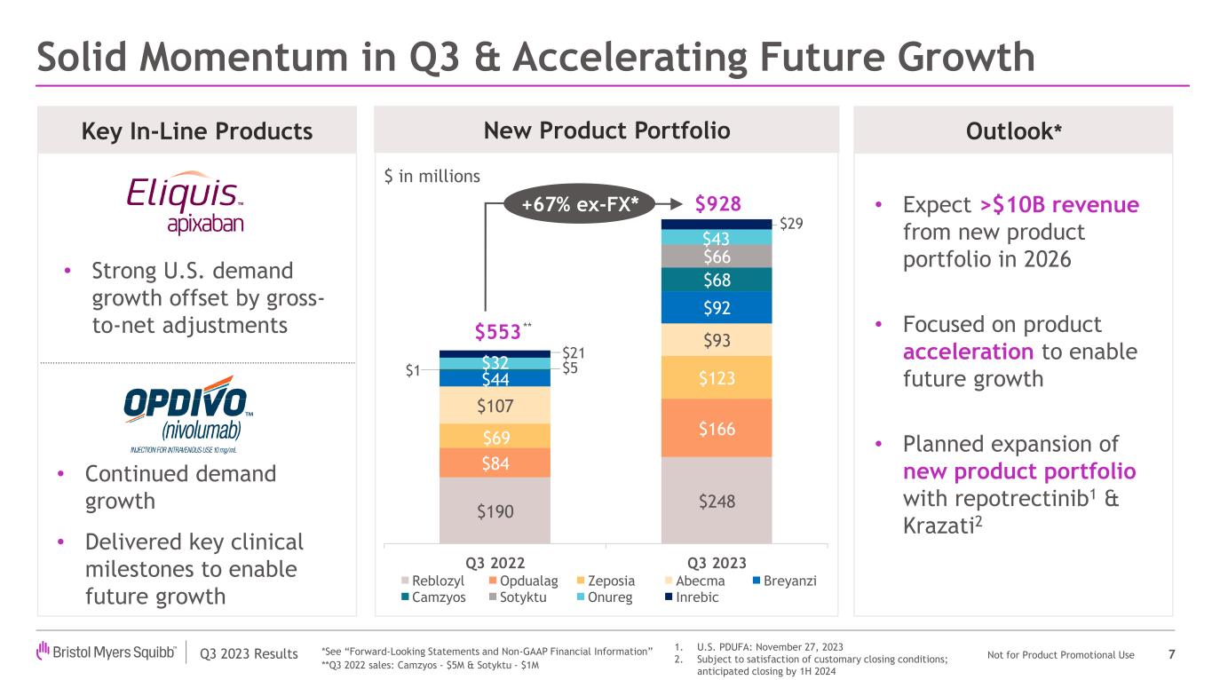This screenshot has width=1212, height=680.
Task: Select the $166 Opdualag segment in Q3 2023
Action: pyautogui.click(x=717, y=429)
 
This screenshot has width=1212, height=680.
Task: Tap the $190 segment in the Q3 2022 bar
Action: pyautogui.click(x=495, y=510)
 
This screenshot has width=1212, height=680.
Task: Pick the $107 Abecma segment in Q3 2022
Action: pyautogui.click(x=495, y=407)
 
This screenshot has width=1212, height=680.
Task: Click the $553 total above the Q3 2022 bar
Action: pyautogui.click(x=497, y=332)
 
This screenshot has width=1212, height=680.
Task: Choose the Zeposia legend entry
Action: pyautogui.click(x=605, y=581)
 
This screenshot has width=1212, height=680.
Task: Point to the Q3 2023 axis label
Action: pyautogui.click(x=717, y=563)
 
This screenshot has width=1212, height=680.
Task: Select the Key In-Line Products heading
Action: pyautogui.click(x=196, y=131)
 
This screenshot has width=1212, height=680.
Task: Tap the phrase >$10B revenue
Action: pyautogui.click(x=1058, y=205)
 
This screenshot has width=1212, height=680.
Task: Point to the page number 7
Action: pyautogui.click(x=1172, y=655)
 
